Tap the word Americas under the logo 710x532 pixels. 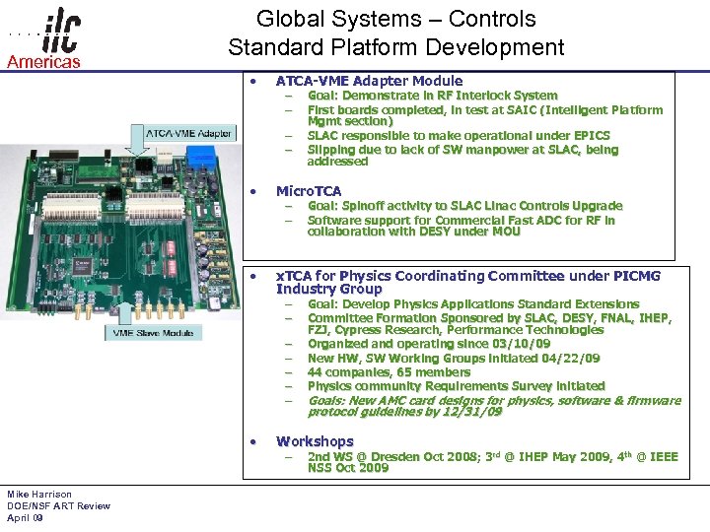click(x=43, y=62)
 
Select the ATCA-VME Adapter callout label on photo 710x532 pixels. click(x=188, y=132)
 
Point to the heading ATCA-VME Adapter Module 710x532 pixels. click(x=369, y=81)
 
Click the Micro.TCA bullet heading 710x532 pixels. click(x=309, y=191)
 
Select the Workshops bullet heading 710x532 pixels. click(x=315, y=441)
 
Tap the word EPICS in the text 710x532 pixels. click(x=590, y=136)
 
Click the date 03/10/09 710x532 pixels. click(x=518, y=345)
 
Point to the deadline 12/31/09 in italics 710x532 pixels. click(x=469, y=412)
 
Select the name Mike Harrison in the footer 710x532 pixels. click(x=39, y=495)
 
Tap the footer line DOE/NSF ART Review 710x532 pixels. click(x=58, y=506)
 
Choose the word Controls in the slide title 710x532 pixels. click(x=492, y=19)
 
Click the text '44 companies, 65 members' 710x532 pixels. click(x=389, y=372)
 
